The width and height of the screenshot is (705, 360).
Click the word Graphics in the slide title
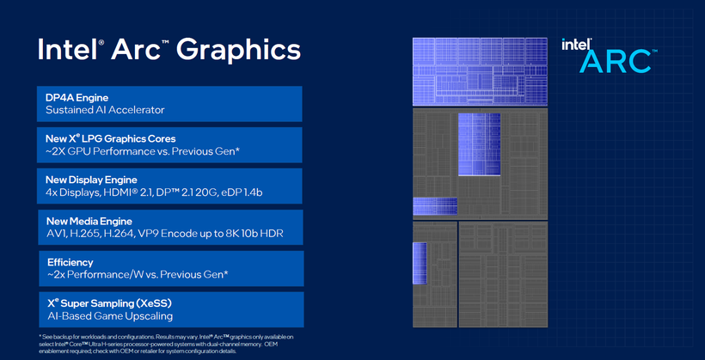pos(238,49)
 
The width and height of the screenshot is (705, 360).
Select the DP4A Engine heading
pos(82,97)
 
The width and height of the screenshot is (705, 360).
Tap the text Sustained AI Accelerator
pos(105,110)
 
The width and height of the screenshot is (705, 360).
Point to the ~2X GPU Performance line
pos(143,151)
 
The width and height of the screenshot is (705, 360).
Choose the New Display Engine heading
pos(91,179)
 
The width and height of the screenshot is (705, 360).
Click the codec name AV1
pos(57,234)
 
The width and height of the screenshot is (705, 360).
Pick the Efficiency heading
pos(70,261)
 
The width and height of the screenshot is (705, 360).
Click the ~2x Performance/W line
pos(137,274)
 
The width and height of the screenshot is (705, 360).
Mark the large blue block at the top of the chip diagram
pos(480,71)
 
